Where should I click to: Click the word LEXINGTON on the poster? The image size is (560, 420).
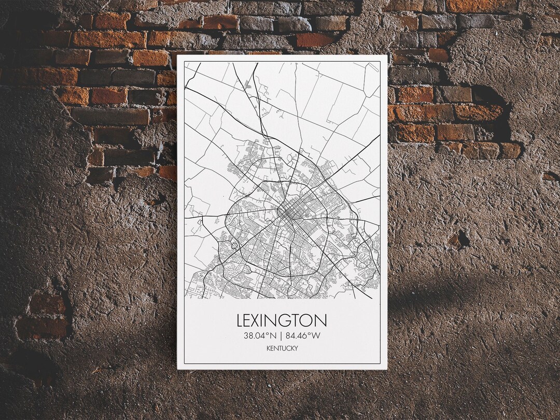click(282, 320)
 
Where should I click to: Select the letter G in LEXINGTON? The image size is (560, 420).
click(291, 320)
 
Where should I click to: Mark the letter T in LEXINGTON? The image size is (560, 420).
click(300, 320)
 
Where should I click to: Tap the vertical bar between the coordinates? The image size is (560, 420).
click(281, 335)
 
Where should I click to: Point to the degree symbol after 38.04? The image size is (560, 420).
click(268, 333)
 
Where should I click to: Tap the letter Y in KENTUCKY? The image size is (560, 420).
click(296, 348)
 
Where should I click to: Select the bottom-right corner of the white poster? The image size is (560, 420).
click(387, 368)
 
